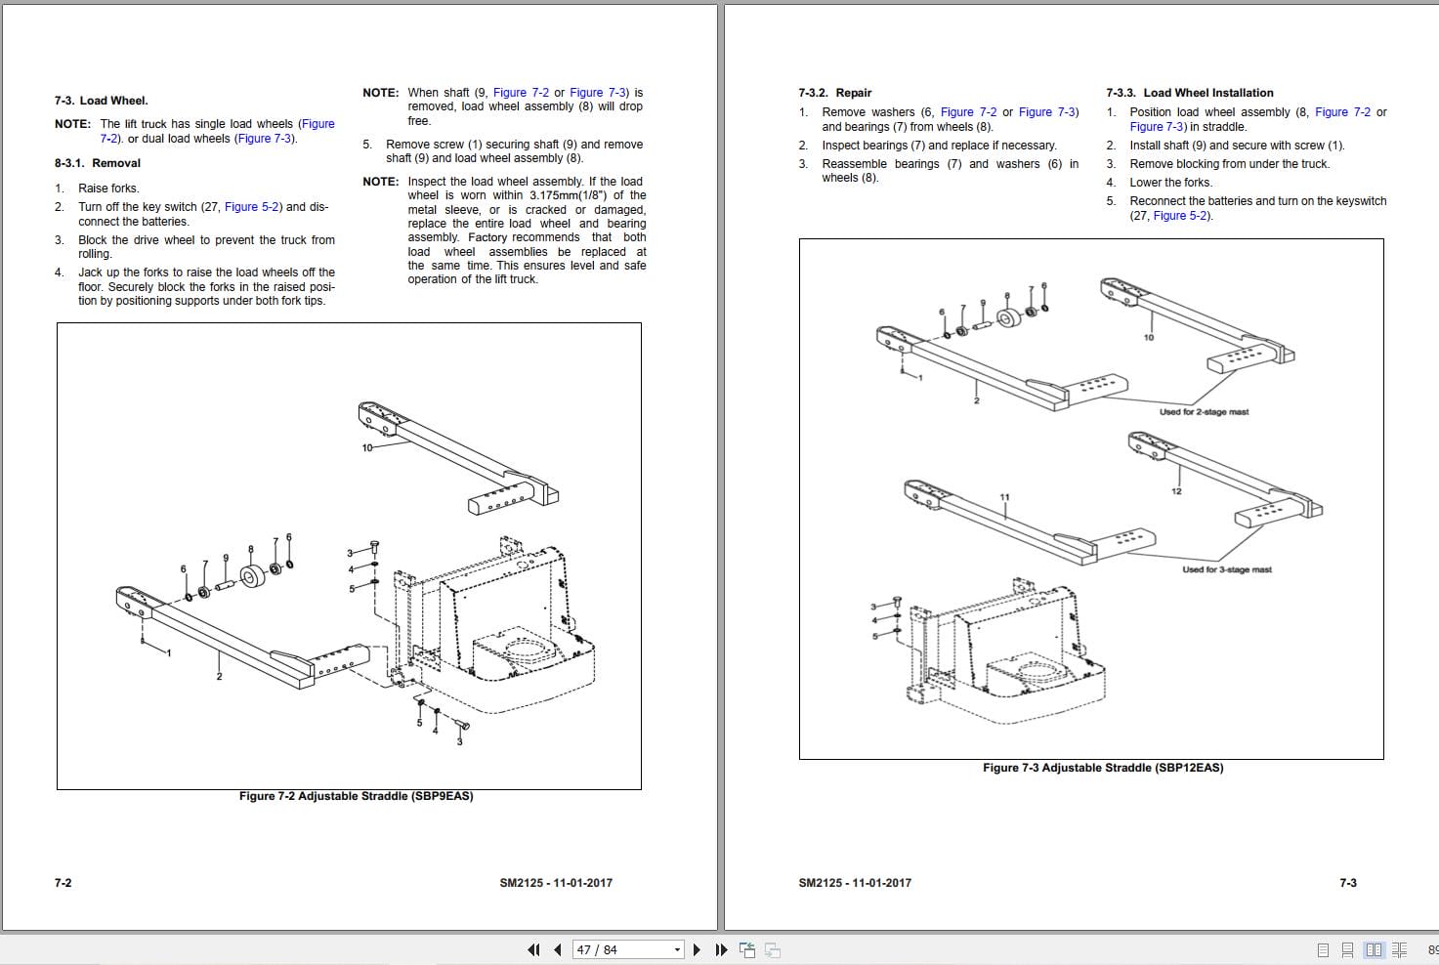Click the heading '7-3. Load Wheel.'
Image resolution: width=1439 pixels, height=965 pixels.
pyautogui.click(x=101, y=101)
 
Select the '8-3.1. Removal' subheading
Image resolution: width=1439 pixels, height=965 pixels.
pyautogui.click(x=97, y=163)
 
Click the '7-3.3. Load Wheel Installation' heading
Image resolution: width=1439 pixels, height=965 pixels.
pyautogui.click(x=1189, y=93)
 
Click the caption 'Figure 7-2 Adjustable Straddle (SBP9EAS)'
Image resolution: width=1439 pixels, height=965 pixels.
pyautogui.click(x=356, y=796)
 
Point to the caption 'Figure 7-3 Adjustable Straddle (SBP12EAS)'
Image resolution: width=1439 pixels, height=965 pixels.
pyautogui.click(x=1102, y=768)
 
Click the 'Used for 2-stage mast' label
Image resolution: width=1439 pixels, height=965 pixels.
pyautogui.click(x=1204, y=412)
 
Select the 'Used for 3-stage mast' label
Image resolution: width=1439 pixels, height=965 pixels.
pyautogui.click(x=1226, y=569)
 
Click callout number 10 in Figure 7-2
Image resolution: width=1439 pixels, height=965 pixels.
pyautogui.click(x=367, y=447)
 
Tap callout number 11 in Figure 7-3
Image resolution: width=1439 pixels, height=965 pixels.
pyautogui.click(x=1004, y=497)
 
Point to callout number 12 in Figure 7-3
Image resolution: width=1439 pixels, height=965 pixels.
pyautogui.click(x=1176, y=491)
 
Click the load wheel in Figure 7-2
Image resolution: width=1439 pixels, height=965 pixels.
pyautogui.click(x=252, y=577)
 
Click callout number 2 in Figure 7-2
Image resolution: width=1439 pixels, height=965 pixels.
pyautogui.click(x=219, y=677)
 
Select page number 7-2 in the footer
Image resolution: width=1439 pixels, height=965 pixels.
pyautogui.click(x=63, y=883)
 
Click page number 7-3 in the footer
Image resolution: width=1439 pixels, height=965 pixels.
pyautogui.click(x=1347, y=883)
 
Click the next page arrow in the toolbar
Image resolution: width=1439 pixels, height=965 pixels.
pyautogui.click(x=697, y=949)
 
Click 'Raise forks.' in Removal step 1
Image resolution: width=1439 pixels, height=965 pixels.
pyautogui.click(x=108, y=189)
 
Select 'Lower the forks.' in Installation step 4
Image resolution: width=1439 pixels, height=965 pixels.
pyautogui.click(x=1170, y=183)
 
